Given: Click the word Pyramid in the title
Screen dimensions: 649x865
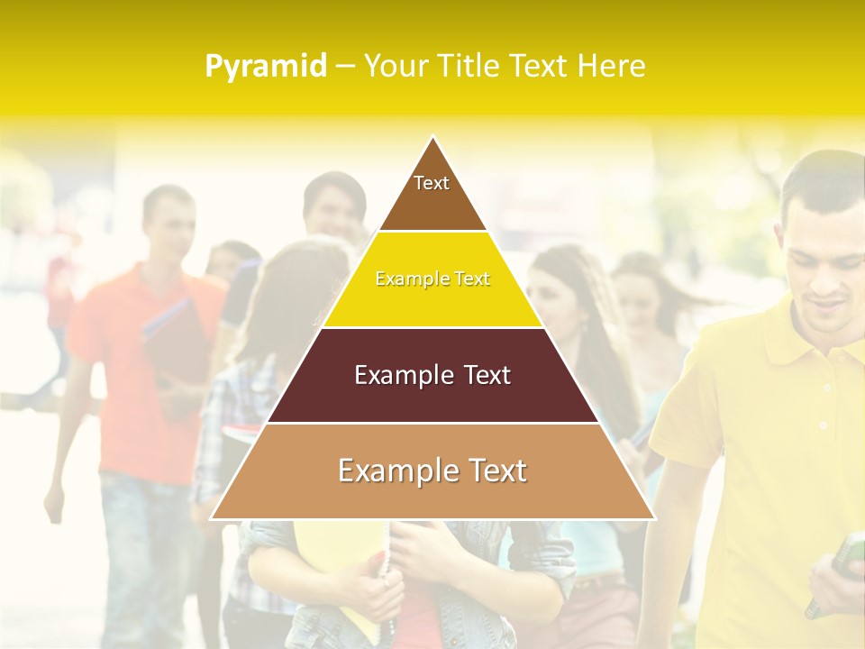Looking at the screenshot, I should point(265,67).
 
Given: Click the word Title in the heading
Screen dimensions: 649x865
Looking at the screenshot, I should point(469,66).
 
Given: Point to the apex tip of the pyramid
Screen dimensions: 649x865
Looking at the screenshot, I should point(432,137).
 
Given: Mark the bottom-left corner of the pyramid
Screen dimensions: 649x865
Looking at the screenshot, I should point(212,518).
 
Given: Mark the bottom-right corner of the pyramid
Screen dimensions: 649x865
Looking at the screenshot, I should point(653,518).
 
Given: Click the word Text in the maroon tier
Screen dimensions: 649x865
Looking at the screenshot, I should point(483,375).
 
